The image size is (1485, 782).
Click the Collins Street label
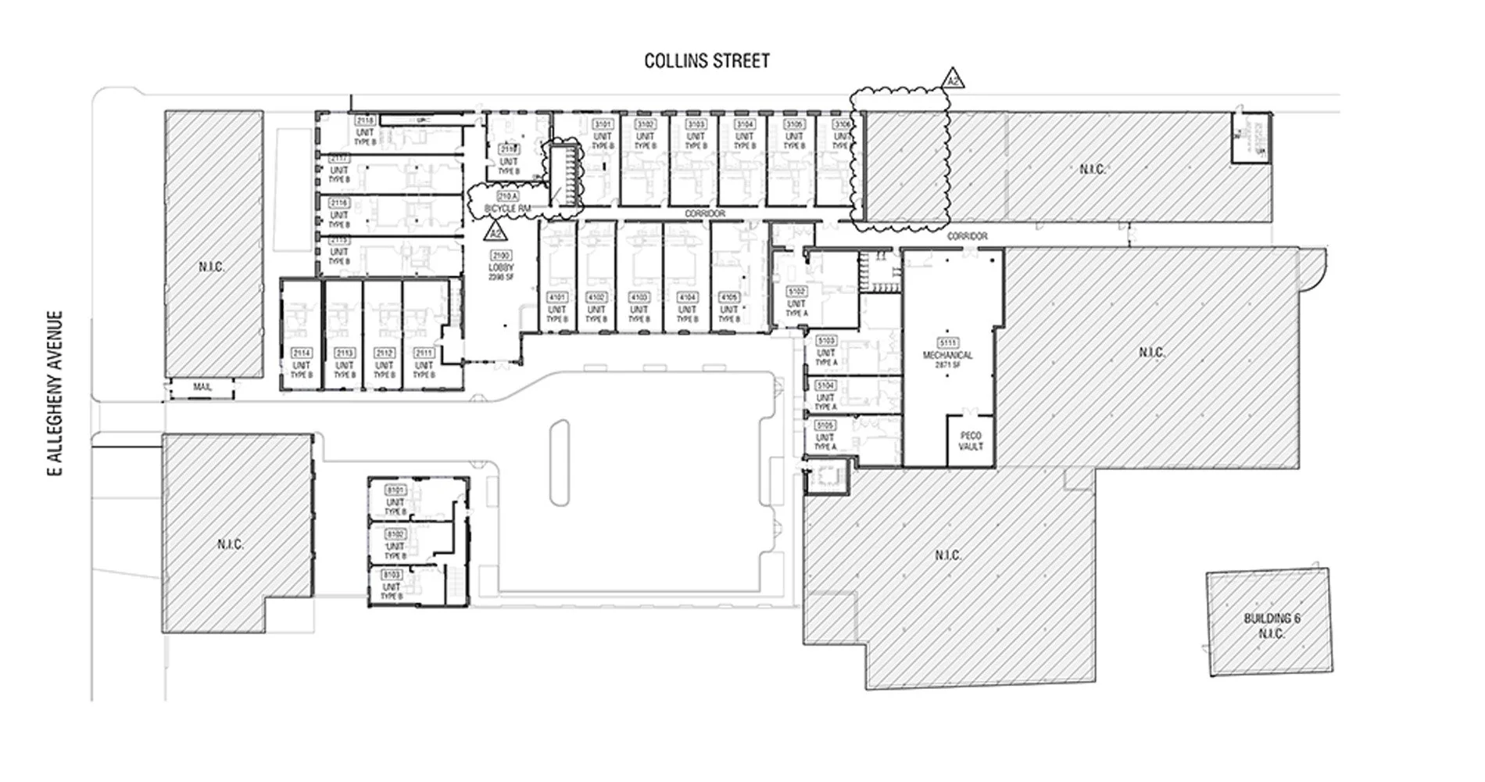707,61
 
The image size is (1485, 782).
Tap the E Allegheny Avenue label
55,393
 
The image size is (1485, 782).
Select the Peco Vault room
970,441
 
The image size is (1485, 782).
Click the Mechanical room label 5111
947,343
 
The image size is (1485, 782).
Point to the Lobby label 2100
500,256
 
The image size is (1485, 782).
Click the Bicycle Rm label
507,209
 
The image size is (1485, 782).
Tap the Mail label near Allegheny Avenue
202,387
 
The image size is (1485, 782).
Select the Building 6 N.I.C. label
1272,626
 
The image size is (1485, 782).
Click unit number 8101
395,490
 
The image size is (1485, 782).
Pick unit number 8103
392,575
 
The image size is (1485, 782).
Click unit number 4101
556,298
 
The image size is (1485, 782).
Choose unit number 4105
728,298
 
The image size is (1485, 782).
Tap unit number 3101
603,124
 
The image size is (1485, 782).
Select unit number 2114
301,353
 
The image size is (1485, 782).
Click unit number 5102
796,292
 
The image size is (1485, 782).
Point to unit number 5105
825,425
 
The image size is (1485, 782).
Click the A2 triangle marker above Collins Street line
952,80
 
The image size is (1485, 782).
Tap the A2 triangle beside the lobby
495,232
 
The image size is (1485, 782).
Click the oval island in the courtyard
559,463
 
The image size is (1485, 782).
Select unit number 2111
424,353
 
